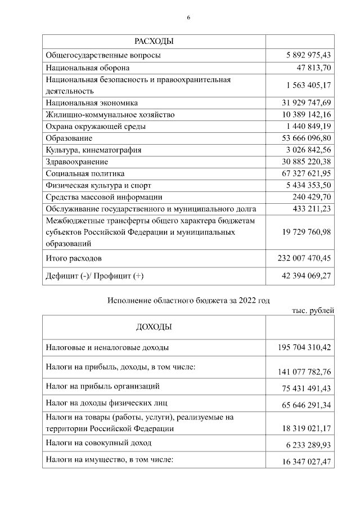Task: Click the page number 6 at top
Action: (188, 17)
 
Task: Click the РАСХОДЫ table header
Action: (154, 42)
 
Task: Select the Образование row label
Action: (69, 138)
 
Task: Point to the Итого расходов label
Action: (74, 259)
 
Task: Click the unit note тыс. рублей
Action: (313, 310)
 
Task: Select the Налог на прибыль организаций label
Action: (103, 386)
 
